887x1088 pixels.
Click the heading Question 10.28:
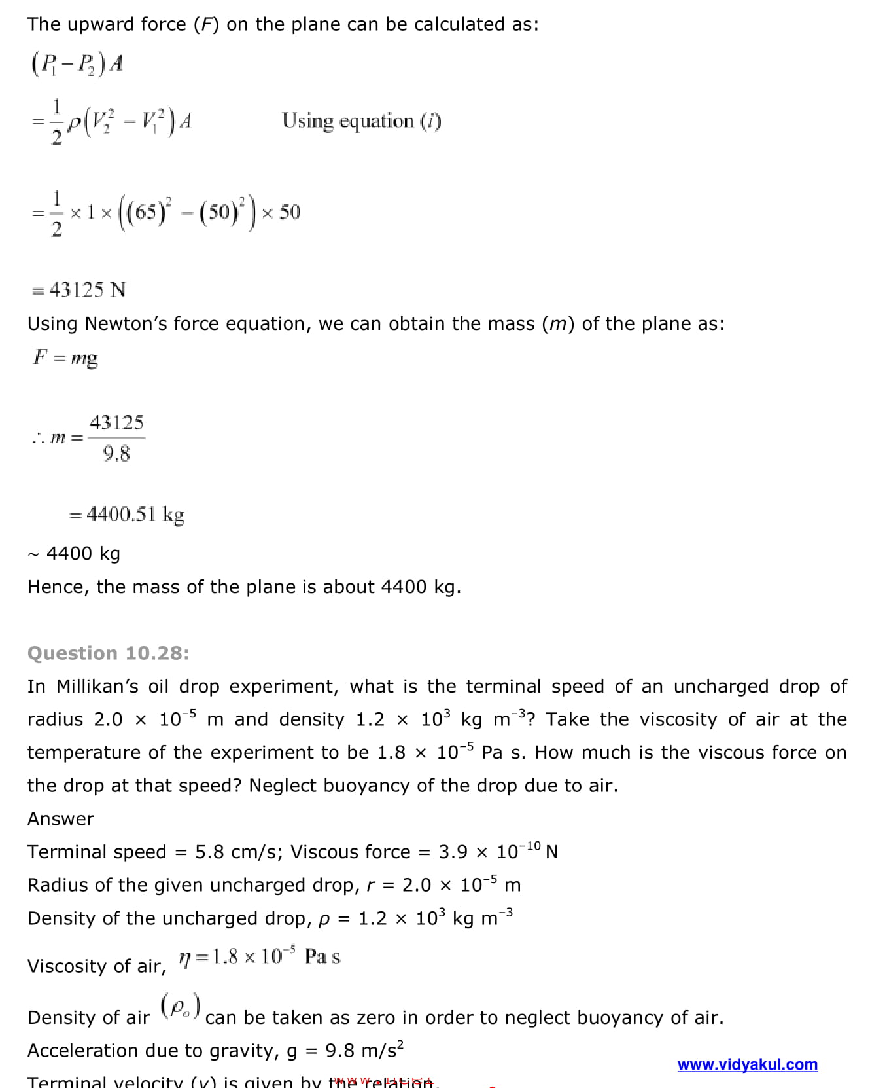point(109,653)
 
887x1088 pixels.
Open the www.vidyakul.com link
point(747,1064)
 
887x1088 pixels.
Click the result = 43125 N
point(79,290)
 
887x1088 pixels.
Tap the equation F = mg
point(65,357)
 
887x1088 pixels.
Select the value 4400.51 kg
point(135,514)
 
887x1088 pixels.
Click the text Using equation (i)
point(361,121)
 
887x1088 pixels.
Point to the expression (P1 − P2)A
point(77,64)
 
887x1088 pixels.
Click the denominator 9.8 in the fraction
point(116,453)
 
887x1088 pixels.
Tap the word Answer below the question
point(61,819)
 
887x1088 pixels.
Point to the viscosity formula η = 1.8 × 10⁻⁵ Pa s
point(260,958)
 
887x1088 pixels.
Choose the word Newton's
point(127,324)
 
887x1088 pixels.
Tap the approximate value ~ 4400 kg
point(75,554)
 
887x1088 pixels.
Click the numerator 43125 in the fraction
point(116,422)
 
